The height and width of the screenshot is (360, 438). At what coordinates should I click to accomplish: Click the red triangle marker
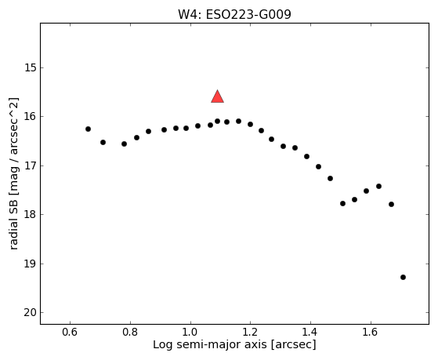click(x=217, y=96)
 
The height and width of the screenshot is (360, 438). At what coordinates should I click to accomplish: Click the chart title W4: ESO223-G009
click(x=234, y=15)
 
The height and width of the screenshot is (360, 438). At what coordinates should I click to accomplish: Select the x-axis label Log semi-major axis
click(x=210, y=344)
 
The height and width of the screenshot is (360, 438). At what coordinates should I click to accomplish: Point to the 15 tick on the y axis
click(x=31, y=67)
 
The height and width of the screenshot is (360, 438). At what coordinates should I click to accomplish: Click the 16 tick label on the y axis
click(x=31, y=116)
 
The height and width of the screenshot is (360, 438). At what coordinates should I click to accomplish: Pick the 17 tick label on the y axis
click(x=31, y=165)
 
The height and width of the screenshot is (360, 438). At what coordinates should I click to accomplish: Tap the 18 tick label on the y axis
click(x=31, y=215)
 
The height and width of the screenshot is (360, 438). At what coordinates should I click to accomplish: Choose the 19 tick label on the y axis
click(x=31, y=264)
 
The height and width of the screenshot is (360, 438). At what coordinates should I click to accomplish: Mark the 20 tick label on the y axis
click(x=31, y=313)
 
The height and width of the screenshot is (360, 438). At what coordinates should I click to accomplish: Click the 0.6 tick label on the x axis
click(x=70, y=333)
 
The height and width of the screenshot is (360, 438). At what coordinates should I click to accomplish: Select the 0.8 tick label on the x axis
click(x=130, y=333)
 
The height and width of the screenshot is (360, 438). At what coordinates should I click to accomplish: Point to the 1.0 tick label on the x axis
click(x=190, y=333)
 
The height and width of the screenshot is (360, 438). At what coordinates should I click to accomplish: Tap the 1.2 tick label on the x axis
click(x=250, y=333)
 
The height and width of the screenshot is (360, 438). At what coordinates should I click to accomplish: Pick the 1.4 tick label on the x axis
click(x=310, y=333)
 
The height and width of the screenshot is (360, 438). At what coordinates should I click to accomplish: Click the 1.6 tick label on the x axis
click(x=371, y=333)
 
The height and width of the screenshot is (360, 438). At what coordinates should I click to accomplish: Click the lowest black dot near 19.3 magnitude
click(x=403, y=277)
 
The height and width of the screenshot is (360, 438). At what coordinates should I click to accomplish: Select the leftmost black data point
click(x=88, y=129)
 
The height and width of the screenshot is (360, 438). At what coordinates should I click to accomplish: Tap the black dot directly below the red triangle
click(x=217, y=121)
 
